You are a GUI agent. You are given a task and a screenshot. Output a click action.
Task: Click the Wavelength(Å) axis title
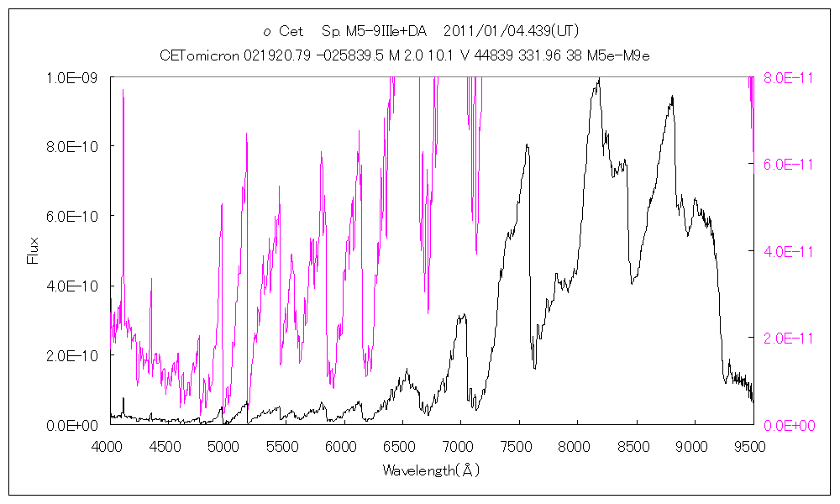click(x=431, y=470)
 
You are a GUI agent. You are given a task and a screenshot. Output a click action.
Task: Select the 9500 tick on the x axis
click(x=750, y=446)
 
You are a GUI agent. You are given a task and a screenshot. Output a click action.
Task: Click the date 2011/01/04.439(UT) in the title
click(x=510, y=32)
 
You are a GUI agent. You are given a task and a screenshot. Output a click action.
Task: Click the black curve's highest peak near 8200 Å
click(x=598, y=79)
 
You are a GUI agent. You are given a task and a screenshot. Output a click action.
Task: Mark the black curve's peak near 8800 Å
click(x=672, y=97)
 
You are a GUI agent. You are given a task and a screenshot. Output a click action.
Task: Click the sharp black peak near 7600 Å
click(x=527, y=145)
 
